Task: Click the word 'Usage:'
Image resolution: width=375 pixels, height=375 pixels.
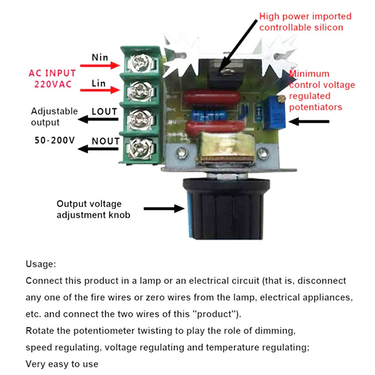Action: pyautogui.click(x=41, y=264)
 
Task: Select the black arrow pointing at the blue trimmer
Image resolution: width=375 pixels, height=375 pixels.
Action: pyautogui.click(x=309, y=121)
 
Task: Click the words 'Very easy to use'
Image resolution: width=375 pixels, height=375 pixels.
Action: pyautogui.click(x=62, y=364)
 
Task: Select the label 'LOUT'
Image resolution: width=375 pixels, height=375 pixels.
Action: pyautogui.click(x=105, y=112)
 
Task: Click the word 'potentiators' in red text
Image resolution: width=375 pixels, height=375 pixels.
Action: pyautogui.click(x=315, y=107)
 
